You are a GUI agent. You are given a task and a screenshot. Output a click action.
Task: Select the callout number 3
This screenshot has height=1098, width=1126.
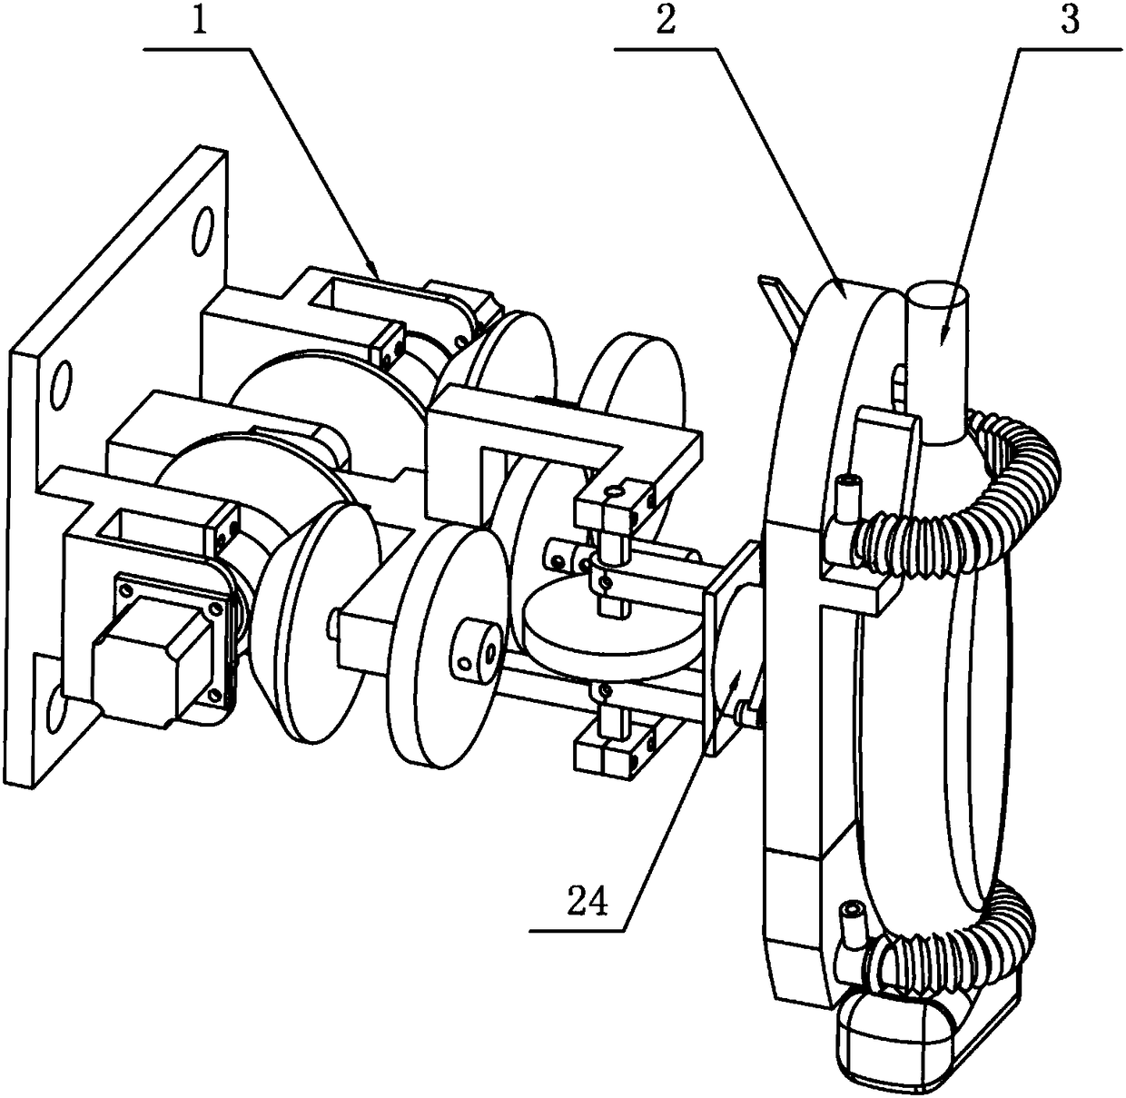[1070, 21]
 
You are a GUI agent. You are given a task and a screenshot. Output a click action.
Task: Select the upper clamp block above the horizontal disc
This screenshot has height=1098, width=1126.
[617, 500]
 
